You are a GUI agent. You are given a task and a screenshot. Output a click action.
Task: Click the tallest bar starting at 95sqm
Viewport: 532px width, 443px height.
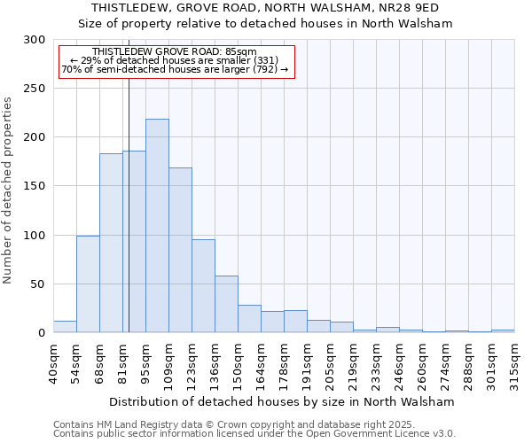[157, 226]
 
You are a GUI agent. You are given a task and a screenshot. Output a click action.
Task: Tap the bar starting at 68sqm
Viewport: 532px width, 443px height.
[111, 243]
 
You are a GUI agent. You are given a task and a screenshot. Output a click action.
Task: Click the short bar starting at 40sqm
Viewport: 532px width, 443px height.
[65, 327]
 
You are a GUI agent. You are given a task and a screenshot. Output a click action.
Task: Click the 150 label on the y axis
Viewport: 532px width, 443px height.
[35, 186]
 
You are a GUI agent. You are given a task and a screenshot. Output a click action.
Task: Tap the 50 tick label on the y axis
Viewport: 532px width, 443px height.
[38, 284]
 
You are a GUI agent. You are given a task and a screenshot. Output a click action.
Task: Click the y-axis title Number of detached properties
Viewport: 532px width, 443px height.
[8, 190]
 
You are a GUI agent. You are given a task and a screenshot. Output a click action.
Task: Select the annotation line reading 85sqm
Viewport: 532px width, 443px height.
[175, 52]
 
